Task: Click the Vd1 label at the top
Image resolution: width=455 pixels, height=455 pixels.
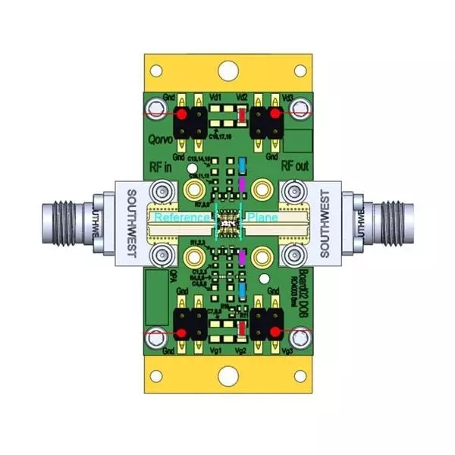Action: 215,98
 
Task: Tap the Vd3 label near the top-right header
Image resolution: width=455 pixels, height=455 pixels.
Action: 287,98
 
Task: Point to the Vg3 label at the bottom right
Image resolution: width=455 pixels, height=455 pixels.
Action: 287,352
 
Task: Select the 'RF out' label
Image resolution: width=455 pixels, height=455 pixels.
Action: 295,166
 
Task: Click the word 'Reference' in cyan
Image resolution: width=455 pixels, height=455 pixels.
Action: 182,218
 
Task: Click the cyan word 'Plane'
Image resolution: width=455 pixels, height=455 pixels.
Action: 262,218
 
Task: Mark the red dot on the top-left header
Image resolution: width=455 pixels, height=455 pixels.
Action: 183,114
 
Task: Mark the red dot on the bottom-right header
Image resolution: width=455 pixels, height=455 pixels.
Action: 272,334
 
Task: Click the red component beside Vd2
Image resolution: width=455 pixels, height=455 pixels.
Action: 241,115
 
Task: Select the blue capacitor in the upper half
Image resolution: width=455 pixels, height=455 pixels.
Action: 241,165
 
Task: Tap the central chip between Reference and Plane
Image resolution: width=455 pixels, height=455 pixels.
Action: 227,221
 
